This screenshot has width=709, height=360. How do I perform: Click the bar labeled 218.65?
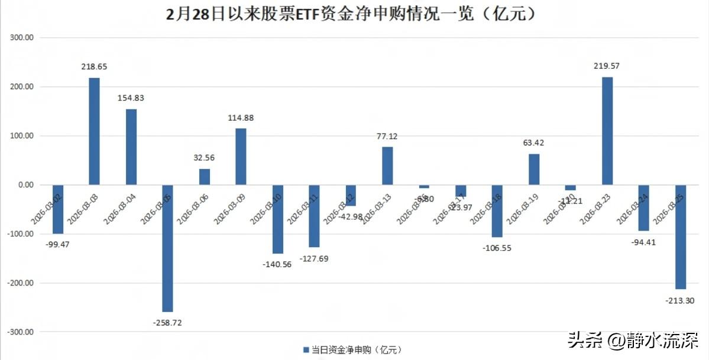coord(94,131)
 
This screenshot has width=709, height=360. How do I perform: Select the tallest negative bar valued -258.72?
coord(167,248)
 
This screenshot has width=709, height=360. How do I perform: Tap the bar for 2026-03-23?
coord(607,131)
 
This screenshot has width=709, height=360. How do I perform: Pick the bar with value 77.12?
coord(387,166)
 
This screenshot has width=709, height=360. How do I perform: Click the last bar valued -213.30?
coord(681,236)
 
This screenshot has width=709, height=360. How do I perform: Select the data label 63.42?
coord(534,142)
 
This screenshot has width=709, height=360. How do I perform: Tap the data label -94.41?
coord(645,241)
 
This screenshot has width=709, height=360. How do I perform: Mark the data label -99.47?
coord(57,244)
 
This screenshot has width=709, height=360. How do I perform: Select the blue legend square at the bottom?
coord(306,349)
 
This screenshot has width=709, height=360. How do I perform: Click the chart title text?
coord(354,14)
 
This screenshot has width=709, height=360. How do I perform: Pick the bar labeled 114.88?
coord(241,157)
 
